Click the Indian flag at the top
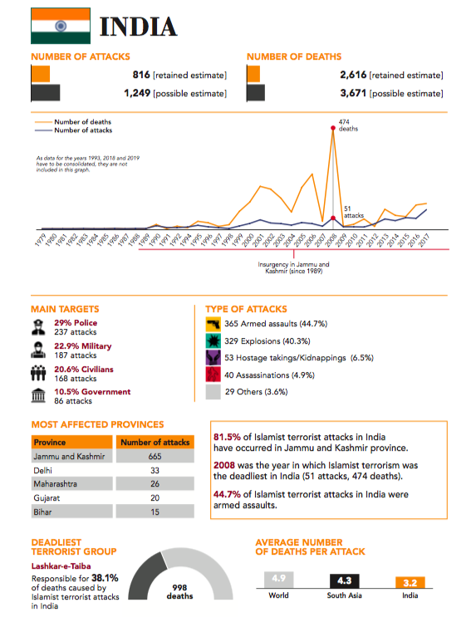pyautogui.click(x=61, y=26)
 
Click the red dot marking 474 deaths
pyautogui.click(x=332, y=128)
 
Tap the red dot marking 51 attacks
pyautogui.click(x=332, y=218)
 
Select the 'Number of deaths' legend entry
pyautogui.click(x=73, y=122)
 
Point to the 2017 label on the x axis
pyautogui.click(x=423, y=240)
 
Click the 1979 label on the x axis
pyautogui.click(x=40, y=240)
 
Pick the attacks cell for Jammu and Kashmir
pyautogui.click(x=155, y=457)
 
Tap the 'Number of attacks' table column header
pyautogui.click(x=155, y=443)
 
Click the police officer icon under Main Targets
pyautogui.click(x=38, y=327)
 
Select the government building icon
pyautogui.click(x=38, y=395)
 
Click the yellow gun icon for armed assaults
pyautogui.click(x=213, y=324)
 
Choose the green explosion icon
pyautogui.click(x=213, y=340)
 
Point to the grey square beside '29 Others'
pyautogui.click(x=213, y=392)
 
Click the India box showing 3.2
pyautogui.click(x=410, y=583)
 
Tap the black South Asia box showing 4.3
pyautogui.click(x=345, y=580)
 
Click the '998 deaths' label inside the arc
pyautogui.click(x=180, y=592)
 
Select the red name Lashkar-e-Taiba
pyautogui.click(x=61, y=566)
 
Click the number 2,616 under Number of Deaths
pyautogui.click(x=353, y=75)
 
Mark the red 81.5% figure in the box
pyautogui.click(x=227, y=437)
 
